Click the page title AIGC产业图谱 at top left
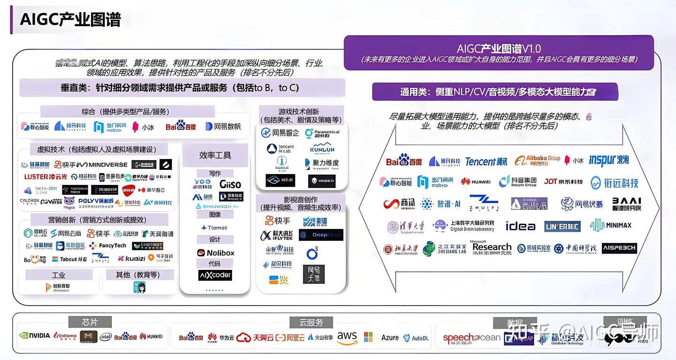pyautogui.click(x=70, y=20)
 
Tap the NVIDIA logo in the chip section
pyautogui.click(x=35, y=336)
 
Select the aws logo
pyautogui.click(x=347, y=337)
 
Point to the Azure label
pyautogui.click(x=390, y=337)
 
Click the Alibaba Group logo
pyautogui.click(x=537, y=161)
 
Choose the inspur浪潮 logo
pyautogui.click(x=608, y=161)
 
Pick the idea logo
pyautogui.click(x=520, y=226)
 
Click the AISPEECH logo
pyautogui.click(x=619, y=248)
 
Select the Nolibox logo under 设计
pyautogui.click(x=215, y=253)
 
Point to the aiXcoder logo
pyautogui.click(x=215, y=275)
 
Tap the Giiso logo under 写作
pyautogui.click(x=230, y=184)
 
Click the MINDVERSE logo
pyautogui.click(x=102, y=165)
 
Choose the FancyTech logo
pyautogui.click(x=108, y=245)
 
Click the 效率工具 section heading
pyautogui.click(x=215, y=155)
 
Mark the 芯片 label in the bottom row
pyautogui.click(x=90, y=322)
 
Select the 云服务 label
pyautogui.click(x=311, y=322)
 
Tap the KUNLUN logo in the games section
pyautogui.click(x=322, y=149)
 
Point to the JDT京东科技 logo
pyautogui.click(x=563, y=182)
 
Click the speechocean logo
pyautogui.click(x=471, y=338)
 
